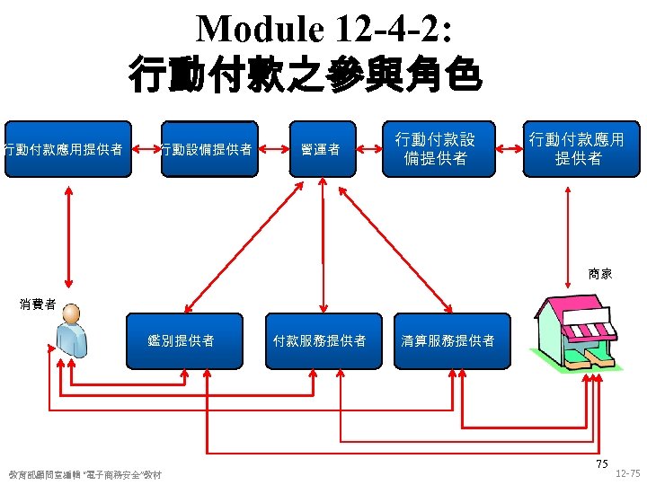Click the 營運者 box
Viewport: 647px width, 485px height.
[x=321, y=149]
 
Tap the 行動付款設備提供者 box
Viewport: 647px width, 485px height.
[x=436, y=149]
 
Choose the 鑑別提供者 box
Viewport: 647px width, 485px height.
[x=183, y=340]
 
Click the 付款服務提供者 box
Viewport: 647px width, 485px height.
[x=320, y=340]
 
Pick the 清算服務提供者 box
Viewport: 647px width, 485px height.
[x=448, y=340]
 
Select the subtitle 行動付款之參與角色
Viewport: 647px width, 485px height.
[x=306, y=75]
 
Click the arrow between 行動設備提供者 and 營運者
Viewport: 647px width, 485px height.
[x=273, y=149]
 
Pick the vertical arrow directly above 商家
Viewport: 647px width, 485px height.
[x=568, y=220]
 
